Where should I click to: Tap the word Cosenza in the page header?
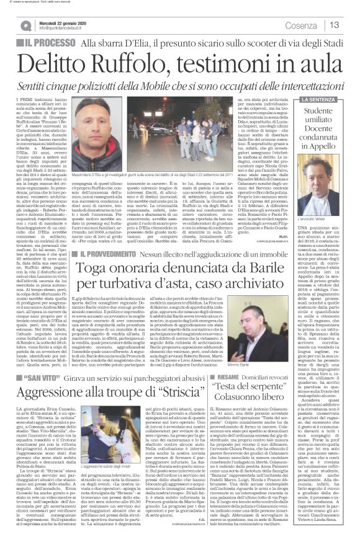(302, 25)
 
